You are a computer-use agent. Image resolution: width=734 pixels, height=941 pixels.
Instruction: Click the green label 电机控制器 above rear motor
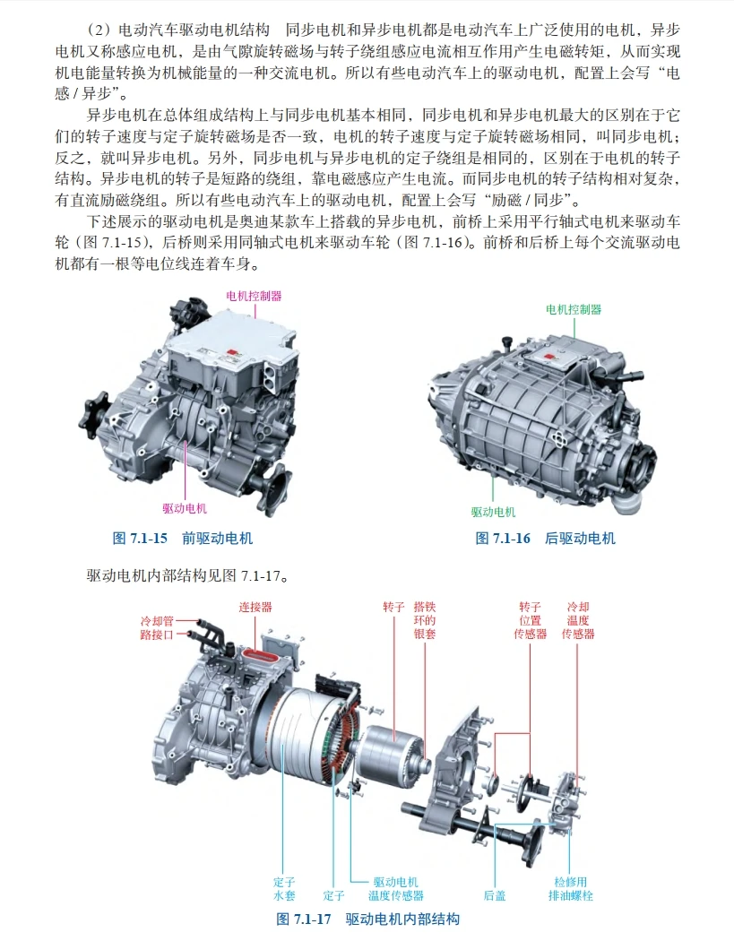(x=574, y=309)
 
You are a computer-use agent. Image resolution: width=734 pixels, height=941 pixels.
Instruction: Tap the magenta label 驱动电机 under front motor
(x=185, y=508)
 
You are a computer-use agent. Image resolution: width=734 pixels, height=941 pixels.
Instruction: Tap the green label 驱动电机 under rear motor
(x=494, y=512)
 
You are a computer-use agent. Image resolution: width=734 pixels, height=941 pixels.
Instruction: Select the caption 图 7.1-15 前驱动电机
(x=183, y=539)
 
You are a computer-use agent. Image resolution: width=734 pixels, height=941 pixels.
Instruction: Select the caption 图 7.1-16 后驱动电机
(x=546, y=539)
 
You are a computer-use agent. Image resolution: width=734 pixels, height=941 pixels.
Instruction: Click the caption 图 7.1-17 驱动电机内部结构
(x=368, y=919)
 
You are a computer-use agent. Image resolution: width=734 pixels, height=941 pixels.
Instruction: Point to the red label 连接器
(x=255, y=607)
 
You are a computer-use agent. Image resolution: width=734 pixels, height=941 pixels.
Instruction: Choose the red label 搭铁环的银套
(x=425, y=620)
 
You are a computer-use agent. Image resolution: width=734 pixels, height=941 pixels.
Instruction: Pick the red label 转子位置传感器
(x=530, y=620)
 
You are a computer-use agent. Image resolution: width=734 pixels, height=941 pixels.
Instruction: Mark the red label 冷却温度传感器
(x=578, y=620)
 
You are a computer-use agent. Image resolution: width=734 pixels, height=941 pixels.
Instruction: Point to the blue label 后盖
(x=495, y=894)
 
